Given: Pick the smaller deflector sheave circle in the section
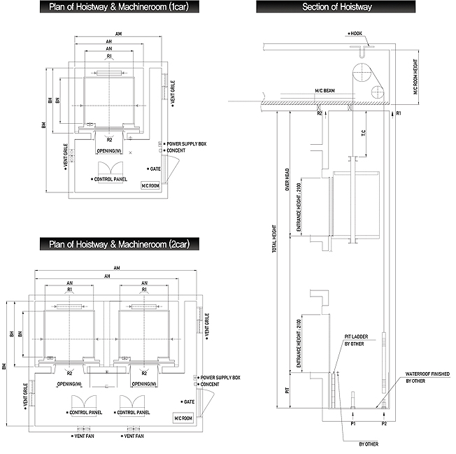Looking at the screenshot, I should coord(378,90).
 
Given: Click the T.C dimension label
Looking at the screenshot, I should coord(364,134).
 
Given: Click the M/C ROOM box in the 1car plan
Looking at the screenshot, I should coord(150,185).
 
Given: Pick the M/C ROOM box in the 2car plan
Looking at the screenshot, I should coord(184,418).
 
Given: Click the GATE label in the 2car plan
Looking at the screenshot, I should coord(188,402).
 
